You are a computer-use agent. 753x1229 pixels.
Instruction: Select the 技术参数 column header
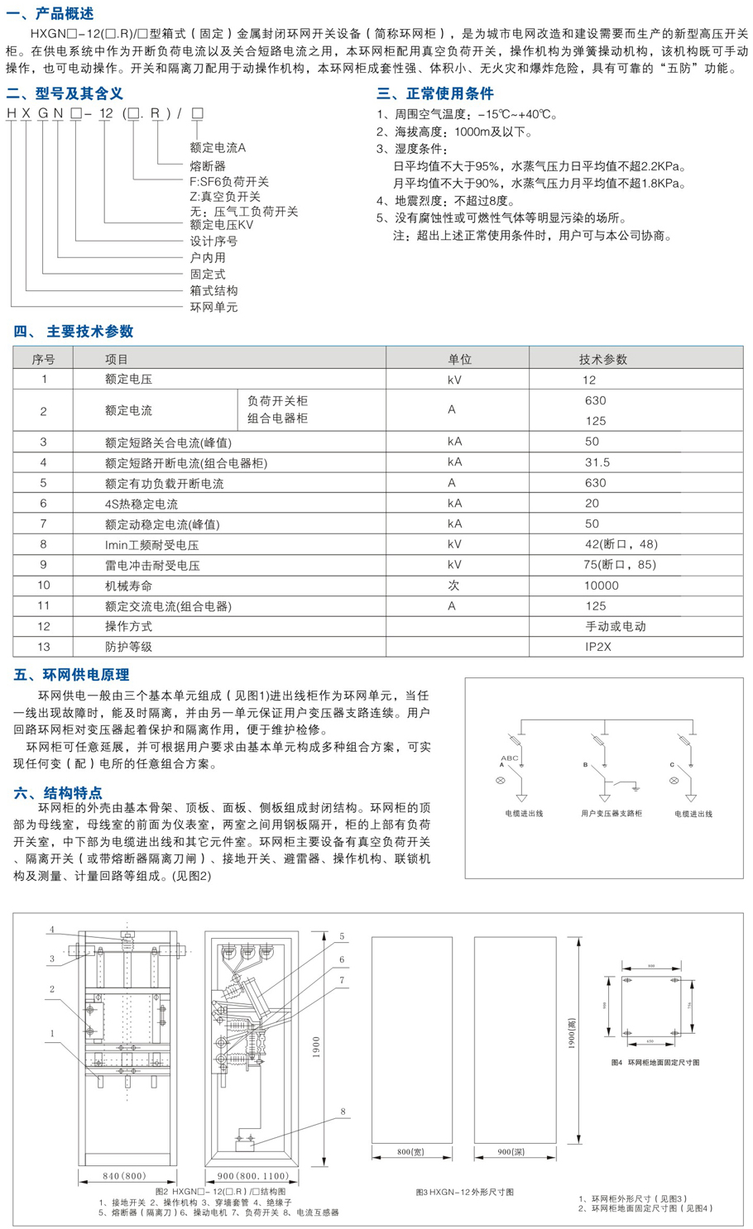(x=602, y=359)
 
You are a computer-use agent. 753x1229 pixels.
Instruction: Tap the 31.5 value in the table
(x=597, y=462)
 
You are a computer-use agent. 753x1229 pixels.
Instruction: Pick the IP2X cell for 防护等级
(x=597, y=646)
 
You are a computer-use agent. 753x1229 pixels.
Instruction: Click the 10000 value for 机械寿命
(x=601, y=585)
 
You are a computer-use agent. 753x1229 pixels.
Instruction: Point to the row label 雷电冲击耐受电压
(x=152, y=565)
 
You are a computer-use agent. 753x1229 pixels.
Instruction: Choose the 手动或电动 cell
(x=615, y=626)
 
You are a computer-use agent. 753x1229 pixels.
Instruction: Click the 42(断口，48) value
(x=621, y=544)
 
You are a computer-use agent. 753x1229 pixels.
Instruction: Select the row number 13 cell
(x=43, y=646)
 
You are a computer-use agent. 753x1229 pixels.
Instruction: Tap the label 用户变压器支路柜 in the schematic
(x=611, y=814)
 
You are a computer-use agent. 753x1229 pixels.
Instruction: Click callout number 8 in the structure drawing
(x=343, y=1112)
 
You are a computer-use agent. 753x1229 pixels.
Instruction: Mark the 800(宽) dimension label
(x=411, y=1150)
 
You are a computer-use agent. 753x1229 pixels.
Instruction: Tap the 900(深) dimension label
(x=514, y=1150)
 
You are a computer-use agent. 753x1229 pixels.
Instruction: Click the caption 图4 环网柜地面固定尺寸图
(x=655, y=1063)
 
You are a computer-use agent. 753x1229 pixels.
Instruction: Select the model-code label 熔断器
(x=208, y=165)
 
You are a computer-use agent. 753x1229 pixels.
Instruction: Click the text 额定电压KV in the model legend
(x=222, y=224)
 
